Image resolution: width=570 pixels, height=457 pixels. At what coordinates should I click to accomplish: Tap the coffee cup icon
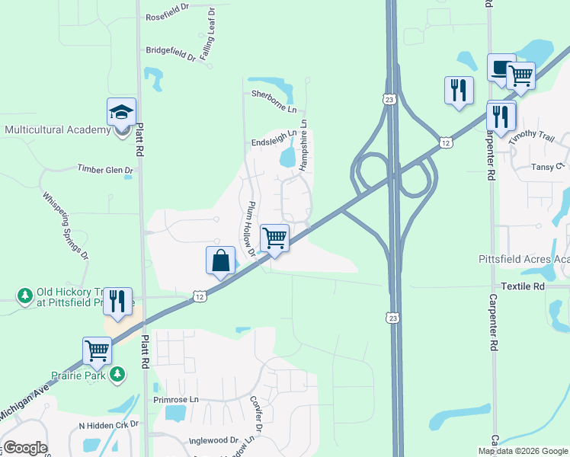point(501,69)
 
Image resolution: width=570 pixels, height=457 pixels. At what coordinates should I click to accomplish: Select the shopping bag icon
point(220,260)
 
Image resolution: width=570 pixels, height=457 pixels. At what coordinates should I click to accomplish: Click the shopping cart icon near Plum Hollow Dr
point(274,238)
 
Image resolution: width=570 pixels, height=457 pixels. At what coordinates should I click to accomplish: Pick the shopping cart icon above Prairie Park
point(98,351)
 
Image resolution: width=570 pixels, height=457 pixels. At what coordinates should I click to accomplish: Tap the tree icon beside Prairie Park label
point(117,373)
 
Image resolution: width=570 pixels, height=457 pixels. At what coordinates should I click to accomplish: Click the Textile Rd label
point(523,286)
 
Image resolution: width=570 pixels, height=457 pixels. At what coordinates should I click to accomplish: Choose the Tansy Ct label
point(548,166)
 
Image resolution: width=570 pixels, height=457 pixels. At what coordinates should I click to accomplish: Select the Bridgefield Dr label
point(171,51)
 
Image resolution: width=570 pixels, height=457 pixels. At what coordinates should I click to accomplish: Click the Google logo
point(25,448)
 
